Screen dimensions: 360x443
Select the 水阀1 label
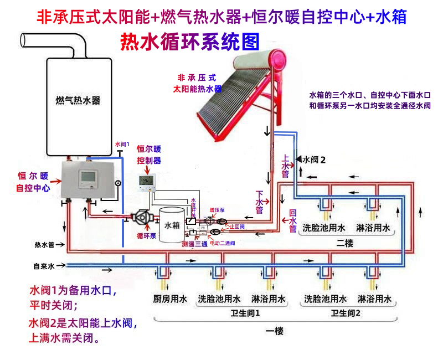coord(122,144)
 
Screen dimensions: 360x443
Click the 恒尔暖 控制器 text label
coord(148,155)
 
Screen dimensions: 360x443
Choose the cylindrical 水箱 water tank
coord(172,224)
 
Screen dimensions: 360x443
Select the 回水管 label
coord(293,220)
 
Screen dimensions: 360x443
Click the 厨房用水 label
coord(169,299)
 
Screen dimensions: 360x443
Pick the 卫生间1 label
coord(245,313)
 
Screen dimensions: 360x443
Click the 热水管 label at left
coord(44,244)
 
